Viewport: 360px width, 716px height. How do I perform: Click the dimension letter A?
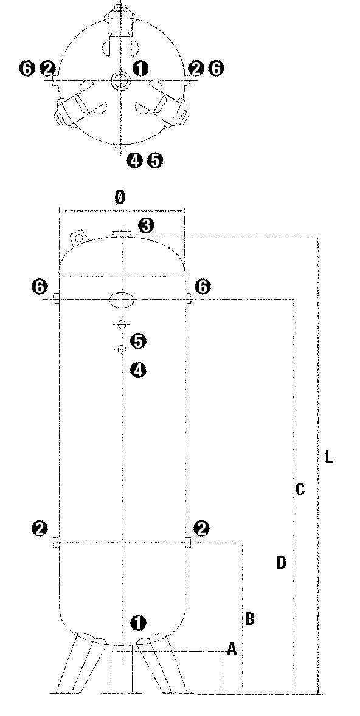point(232,649)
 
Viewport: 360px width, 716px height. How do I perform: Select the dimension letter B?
point(250,619)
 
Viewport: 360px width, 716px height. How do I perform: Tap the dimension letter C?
point(300,489)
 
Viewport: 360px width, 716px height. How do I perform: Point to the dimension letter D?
point(282,563)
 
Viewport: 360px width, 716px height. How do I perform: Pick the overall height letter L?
point(328,457)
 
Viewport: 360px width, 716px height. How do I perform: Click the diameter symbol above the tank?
point(120,198)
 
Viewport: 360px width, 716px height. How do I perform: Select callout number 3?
point(146,225)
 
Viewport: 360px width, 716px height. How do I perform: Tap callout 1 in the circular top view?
point(140,69)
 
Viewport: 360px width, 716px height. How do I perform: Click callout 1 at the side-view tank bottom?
point(138,623)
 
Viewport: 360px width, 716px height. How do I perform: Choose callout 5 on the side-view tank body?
point(138,341)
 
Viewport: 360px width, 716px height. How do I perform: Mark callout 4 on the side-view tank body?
point(138,370)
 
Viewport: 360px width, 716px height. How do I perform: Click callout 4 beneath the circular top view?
point(135,160)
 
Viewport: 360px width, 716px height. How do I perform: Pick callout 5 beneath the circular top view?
point(155,160)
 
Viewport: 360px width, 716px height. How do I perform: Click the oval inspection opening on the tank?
point(122,300)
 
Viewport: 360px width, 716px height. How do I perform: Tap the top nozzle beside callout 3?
point(122,234)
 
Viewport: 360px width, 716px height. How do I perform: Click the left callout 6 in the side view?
point(40,287)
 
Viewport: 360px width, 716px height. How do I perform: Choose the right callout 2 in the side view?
point(201,528)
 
